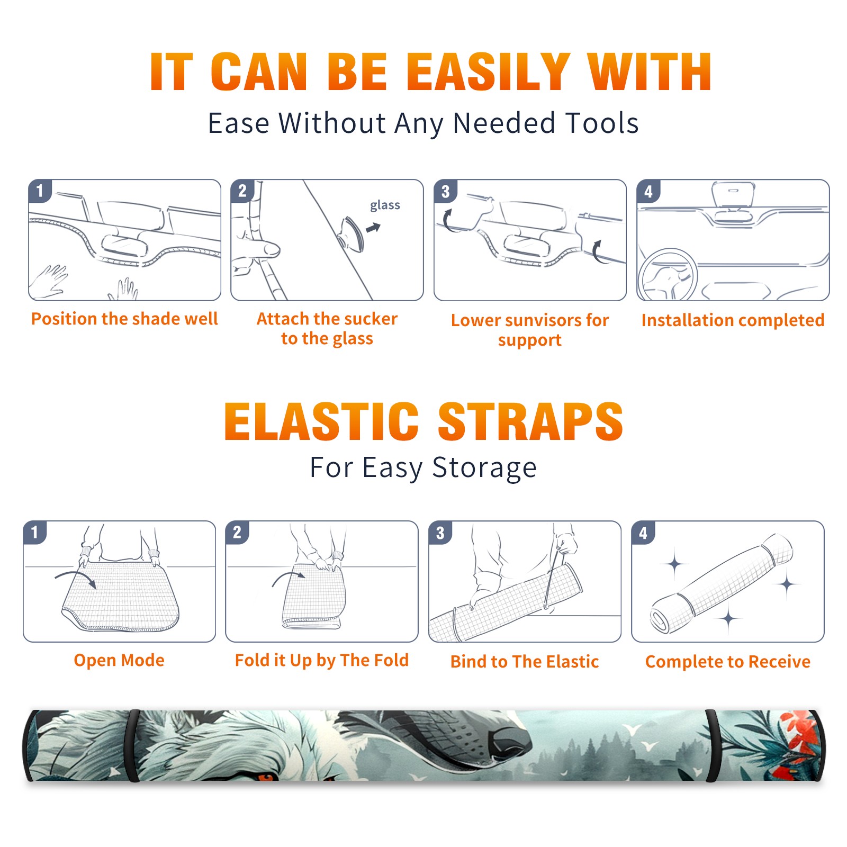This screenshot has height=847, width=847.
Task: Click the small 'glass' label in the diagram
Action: coord(385,205)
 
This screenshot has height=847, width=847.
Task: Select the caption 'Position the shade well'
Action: coord(124,319)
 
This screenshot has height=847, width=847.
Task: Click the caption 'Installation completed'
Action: coord(733,320)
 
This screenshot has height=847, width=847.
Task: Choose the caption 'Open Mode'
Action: coord(119,660)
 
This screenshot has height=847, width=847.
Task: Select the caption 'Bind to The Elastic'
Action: coord(525,662)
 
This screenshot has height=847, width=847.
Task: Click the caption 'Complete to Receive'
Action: coord(728,662)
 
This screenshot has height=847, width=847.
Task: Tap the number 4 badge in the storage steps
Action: coord(643,533)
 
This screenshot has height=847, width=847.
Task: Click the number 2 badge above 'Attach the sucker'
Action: coord(242,191)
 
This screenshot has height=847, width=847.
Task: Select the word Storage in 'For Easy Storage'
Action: coord(484,468)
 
